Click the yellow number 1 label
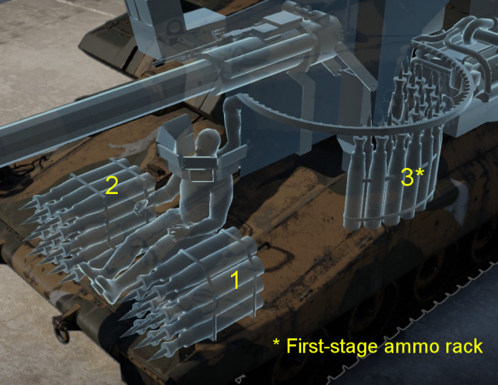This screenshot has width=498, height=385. click(x=236, y=280)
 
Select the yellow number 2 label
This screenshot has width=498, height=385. click(x=112, y=185)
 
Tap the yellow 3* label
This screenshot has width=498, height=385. click(x=412, y=178)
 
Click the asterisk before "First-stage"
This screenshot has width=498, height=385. click(x=277, y=344)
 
